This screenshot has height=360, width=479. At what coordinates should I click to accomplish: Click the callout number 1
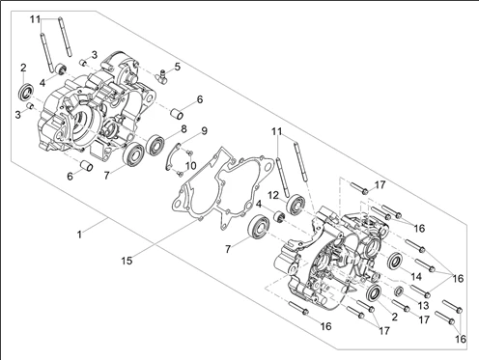coord(79,235)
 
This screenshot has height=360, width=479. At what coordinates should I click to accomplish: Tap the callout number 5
coord(178,67)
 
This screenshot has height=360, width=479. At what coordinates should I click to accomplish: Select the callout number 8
coord(183,129)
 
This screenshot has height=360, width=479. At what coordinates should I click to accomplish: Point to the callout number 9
coord(204,131)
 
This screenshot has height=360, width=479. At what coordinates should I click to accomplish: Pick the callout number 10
coord(190,166)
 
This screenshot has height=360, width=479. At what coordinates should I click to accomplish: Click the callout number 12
coord(273,195)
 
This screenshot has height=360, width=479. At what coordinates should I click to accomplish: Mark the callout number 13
coord(424,305)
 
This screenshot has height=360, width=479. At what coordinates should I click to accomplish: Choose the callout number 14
coord(416,276)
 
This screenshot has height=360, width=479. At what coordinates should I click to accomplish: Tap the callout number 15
coord(127,261)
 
